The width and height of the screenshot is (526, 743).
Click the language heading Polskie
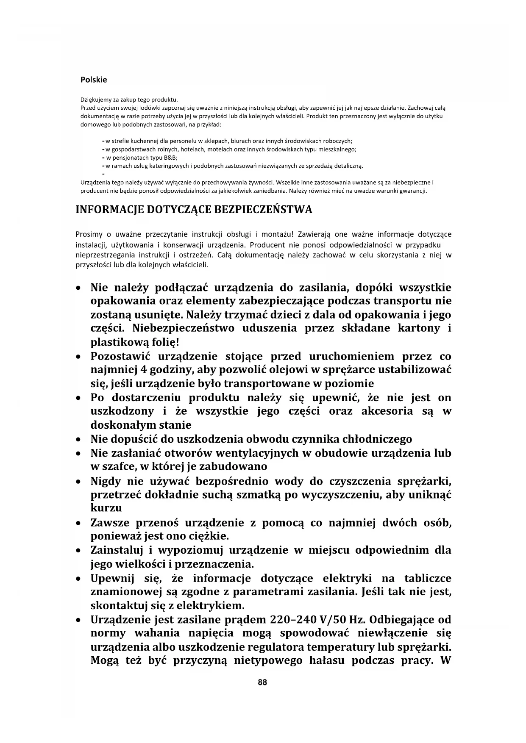(x=94, y=80)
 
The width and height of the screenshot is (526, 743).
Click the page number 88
(x=262, y=682)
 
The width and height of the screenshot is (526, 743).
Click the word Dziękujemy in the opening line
(x=94, y=100)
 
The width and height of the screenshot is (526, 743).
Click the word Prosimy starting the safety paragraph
(x=87, y=234)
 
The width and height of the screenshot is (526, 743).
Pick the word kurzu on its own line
(x=106, y=508)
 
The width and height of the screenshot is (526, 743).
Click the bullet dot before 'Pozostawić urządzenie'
(x=78, y=357)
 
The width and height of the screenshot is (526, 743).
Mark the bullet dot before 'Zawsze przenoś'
(x=78, y=524)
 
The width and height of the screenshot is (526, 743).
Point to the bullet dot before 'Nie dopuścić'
(x=78, y=440)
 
